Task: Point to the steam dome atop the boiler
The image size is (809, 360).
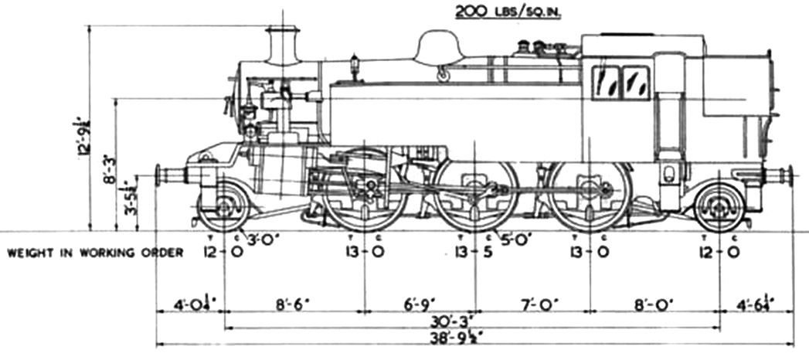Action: click(x=437, y=48)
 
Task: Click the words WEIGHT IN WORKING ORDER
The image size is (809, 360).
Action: click(x=95, y=253)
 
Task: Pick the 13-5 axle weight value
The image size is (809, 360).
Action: click(x=474, y=253)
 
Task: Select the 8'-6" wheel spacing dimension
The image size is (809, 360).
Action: click(x=294, y=304)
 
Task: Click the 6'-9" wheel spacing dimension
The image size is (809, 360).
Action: click(x=420, y=304)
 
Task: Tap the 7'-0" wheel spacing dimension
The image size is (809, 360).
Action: click(x=532, y=304)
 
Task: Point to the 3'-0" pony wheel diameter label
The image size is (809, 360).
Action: click(x=261, y=239)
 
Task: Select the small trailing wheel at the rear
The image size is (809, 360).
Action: click(x=719, y=205)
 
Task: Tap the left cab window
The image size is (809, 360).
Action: click(x=607, y=83)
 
